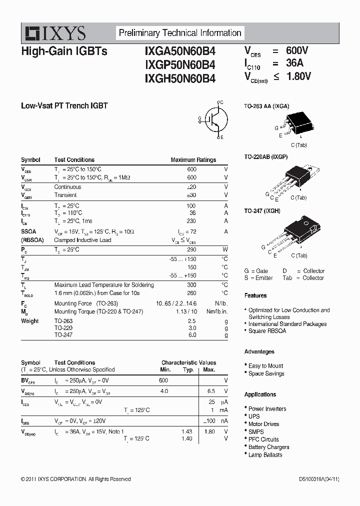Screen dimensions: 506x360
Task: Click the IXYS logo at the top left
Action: click(x=55, y=33)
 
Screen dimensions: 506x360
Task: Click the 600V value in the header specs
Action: click(x=297, y=50)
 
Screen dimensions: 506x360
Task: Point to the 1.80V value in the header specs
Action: click(x=298, y=76)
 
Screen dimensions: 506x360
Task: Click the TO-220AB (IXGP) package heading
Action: click(x=265, y=156)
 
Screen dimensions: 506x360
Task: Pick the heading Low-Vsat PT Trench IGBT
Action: click(x=64, y=105)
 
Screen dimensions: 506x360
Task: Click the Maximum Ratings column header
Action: click(x=193, y=160)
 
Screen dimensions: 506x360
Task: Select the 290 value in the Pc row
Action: click(x=191, y=249)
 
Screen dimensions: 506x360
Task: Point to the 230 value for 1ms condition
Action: click(x=191, y=221)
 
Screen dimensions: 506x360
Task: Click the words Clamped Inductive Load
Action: click(x=82, y=240)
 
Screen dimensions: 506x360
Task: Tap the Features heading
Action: click(x=255, y=295)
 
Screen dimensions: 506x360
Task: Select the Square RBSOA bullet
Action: click(x=267, y=331)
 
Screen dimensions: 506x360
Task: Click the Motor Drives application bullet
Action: click(x=263, y=424)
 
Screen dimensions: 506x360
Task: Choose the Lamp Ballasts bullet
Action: click(x=265, y=455)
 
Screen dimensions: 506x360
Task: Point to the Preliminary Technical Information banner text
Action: click(x=180, y=33)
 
